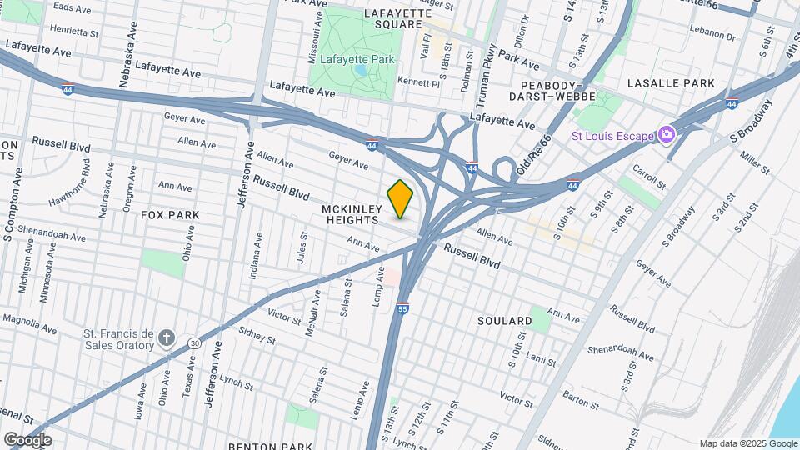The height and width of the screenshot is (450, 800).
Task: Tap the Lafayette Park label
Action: point(353,59)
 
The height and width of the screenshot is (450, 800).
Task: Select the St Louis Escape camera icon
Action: point(666,134)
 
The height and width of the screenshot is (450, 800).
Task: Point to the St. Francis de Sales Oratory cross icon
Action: point(167,337)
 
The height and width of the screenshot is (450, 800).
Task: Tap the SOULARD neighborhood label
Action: point(505,321)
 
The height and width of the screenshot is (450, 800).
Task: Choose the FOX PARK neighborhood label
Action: point(170,215)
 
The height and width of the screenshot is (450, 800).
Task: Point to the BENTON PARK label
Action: point(271,446)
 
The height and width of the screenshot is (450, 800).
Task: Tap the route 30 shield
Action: point(194,342)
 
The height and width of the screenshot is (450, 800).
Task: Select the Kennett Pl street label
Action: point(418,82)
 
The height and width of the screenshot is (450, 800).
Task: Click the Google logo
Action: point(27,439)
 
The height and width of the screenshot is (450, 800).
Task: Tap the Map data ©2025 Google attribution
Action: point(748,444)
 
